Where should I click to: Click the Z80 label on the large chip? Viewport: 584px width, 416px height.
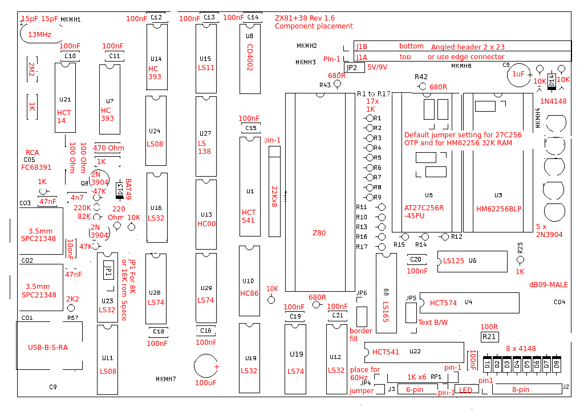tap(319, 233)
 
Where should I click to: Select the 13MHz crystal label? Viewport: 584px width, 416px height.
tap(39, 35)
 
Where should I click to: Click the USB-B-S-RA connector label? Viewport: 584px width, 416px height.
tap(48, 348)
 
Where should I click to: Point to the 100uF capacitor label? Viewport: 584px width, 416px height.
tap(205, 382)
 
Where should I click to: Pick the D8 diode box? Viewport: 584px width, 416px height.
tap(556, 364)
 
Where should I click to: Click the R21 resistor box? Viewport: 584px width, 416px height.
tap(489, 337)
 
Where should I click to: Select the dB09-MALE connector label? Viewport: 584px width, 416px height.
tap(548, 284)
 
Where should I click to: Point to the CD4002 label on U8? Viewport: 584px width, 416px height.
tap(250, 57)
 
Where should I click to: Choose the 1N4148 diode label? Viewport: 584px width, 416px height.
tap(553, 101)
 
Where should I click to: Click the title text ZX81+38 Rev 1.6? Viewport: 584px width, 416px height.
tap(305, 18)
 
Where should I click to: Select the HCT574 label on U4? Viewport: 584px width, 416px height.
tap(443, 303)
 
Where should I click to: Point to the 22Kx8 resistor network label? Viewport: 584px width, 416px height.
tap(274, 196)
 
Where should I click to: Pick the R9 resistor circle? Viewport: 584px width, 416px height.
tap(369, 197)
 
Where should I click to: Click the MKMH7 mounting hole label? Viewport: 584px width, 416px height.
tap(166, 379)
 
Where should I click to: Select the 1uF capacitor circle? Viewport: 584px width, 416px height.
tap(518, 75)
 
